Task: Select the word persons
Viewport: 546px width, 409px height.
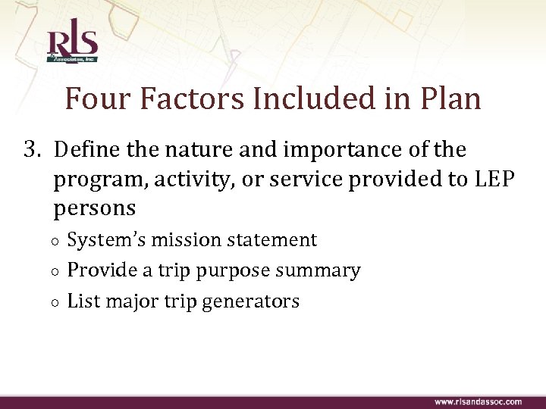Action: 95,207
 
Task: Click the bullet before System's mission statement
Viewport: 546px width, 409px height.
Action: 58,242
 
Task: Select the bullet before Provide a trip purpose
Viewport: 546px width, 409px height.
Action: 58,272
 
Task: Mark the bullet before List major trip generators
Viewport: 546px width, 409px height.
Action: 58,302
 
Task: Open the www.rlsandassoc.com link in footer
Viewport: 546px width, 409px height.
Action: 478,401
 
